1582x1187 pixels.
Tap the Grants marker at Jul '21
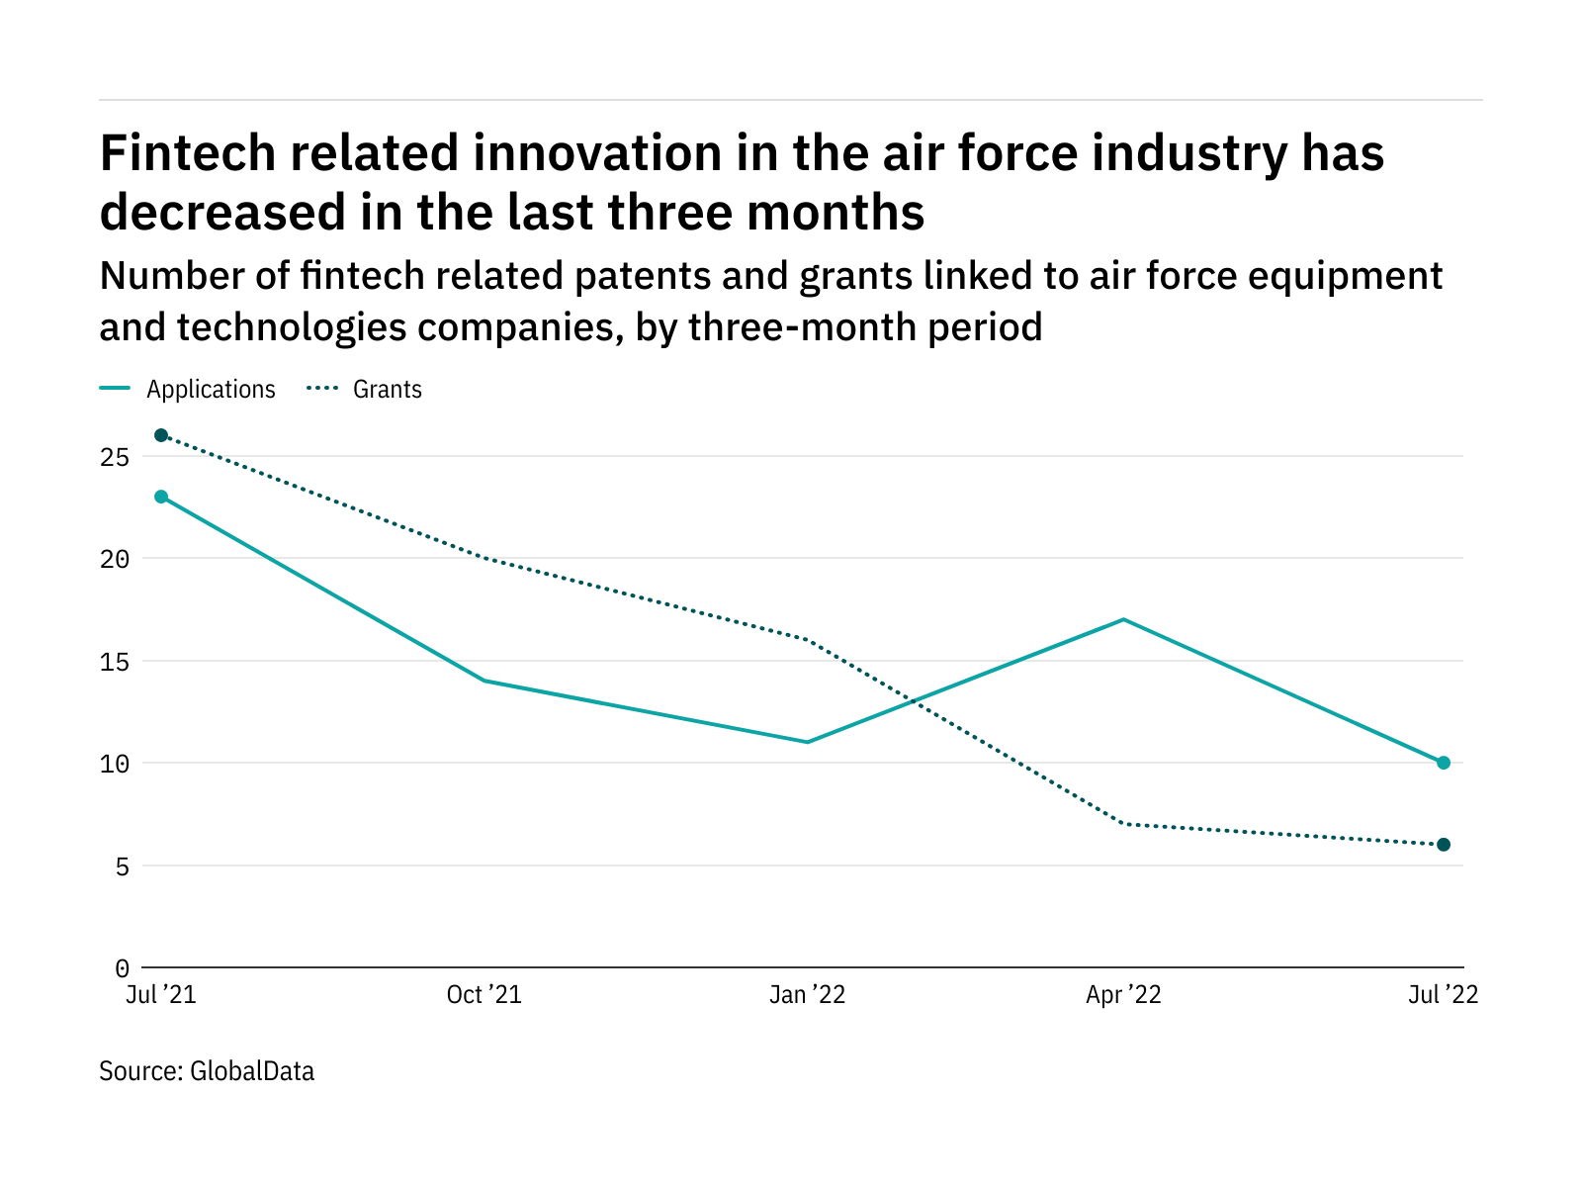tap(161, 435)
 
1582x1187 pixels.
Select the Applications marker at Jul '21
tap(161, 497)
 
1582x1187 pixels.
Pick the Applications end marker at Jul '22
tap(1444, 763)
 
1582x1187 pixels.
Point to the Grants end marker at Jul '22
tap(1444, 845)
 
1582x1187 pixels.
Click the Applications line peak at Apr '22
tap(1123, 619)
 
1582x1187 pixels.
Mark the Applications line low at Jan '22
tap(808, 742)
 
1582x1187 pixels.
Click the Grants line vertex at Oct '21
tap(484, 558)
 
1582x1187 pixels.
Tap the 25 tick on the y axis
tap(115, 457)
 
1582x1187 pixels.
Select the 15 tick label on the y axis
tap(115, 662)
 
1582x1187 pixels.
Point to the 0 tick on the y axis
tap(122, 968)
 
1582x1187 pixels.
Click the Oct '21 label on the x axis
tap(484, 995)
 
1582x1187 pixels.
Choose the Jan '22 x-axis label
tap(808, 995)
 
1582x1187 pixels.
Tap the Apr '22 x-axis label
tap(1123, 995)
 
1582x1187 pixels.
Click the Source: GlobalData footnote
tap(207, 1071)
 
